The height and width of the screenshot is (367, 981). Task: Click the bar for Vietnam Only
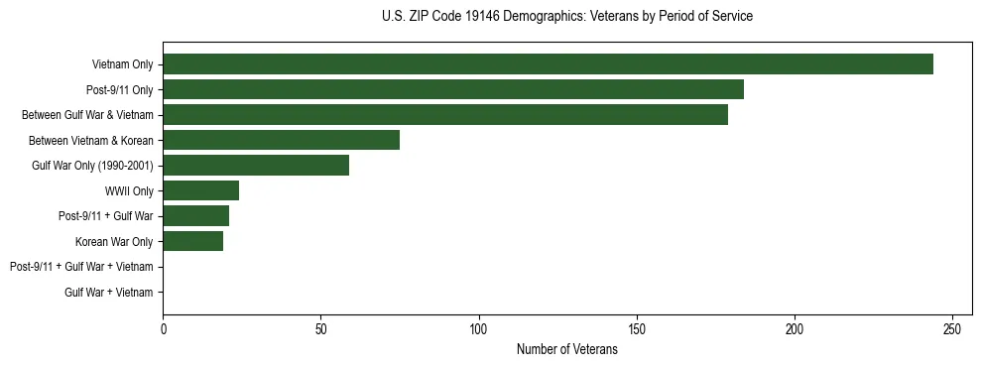coord(548,64)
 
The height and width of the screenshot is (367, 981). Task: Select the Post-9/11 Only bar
coord(453,89)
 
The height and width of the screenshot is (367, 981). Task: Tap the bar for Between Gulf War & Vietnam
coord(445,115)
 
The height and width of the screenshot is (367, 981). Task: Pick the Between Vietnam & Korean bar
coord(281,140)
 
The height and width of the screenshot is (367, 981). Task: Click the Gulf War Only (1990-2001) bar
coord(256,165)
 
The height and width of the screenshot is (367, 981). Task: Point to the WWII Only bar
coord(200,190)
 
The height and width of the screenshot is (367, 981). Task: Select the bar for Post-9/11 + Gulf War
coord(195,215)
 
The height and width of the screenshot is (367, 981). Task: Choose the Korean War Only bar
coord(192,241)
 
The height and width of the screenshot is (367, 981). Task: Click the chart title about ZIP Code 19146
coord(566,17)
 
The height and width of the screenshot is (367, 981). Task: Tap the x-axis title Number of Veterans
coord(566,349)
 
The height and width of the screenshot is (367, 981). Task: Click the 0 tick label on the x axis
coord(163,329)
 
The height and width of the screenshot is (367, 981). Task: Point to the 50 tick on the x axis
coord(320,329)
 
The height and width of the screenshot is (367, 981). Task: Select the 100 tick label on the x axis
coord(479,329)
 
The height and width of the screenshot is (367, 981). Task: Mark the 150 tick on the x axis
coord(637,329)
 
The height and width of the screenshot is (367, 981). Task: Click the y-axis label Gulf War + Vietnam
coord(109,292)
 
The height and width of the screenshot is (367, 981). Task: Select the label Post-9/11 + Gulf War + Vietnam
coord(81,267)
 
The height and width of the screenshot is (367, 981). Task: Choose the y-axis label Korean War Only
coord(114,241)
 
